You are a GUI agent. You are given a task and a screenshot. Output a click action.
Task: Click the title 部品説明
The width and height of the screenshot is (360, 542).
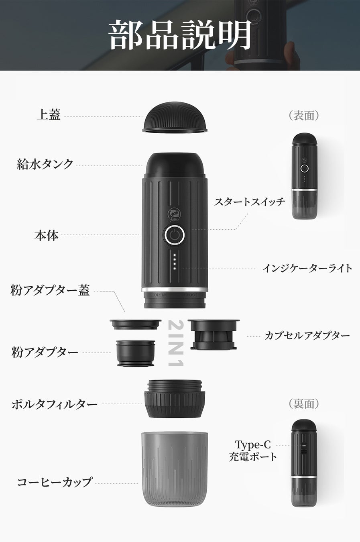(180, 35)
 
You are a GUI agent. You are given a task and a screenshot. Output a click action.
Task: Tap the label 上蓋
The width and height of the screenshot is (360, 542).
(49, 114)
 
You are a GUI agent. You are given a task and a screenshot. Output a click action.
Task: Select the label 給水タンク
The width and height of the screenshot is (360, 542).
(45, 164)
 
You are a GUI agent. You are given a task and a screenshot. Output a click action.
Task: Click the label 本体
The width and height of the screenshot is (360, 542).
(47, 235)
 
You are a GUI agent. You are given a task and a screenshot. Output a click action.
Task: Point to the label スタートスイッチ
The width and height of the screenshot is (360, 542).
(250, 202)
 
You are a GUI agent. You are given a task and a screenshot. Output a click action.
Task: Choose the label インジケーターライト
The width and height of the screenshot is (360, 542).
(307, 268)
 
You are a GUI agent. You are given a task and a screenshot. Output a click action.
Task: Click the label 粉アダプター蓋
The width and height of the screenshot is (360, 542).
(50, 290)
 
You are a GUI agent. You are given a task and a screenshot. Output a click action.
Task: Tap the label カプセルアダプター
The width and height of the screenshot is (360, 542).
(307, 336)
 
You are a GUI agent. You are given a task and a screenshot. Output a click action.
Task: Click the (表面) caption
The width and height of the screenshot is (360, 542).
(304, 115)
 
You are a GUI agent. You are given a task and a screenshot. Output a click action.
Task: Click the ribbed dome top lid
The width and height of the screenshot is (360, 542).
(175, 117)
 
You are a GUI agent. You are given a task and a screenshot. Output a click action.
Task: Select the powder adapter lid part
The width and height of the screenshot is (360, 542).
(136, 324)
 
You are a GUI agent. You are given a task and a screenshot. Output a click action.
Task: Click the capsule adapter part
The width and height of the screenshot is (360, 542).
(214, 335)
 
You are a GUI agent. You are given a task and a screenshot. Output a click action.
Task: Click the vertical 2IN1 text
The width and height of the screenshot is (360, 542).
(176, 343)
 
